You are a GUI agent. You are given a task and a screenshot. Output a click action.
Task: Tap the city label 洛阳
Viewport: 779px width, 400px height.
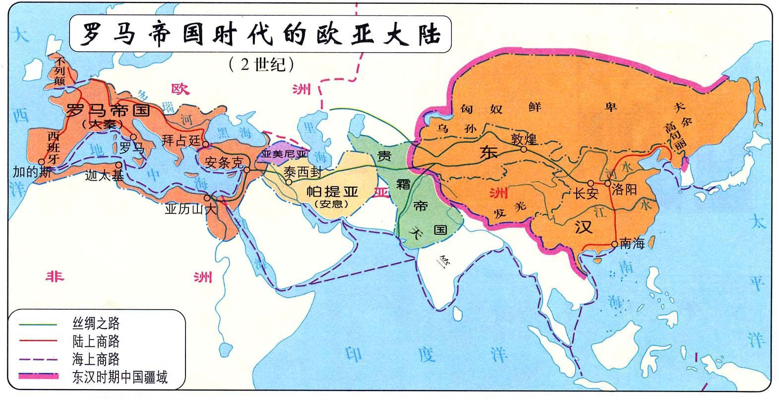624,190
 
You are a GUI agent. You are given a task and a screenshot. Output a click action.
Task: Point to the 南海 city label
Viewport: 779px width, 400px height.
632,244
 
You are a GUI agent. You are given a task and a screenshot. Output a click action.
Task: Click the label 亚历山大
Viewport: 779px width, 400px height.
191,209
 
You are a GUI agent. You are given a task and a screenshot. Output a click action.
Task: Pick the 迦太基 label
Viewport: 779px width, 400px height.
104,175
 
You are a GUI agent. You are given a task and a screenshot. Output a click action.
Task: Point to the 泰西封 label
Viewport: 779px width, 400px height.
303,172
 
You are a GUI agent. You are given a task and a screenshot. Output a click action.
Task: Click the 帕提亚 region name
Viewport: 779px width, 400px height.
332,192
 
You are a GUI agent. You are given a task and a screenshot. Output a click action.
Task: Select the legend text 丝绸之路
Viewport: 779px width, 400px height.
96,324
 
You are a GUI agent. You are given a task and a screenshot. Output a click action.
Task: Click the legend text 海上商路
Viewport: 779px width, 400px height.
96,359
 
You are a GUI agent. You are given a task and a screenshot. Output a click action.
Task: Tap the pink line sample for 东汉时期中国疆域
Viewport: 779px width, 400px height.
38,377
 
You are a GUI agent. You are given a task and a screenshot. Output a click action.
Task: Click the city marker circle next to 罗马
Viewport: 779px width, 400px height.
133,137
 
